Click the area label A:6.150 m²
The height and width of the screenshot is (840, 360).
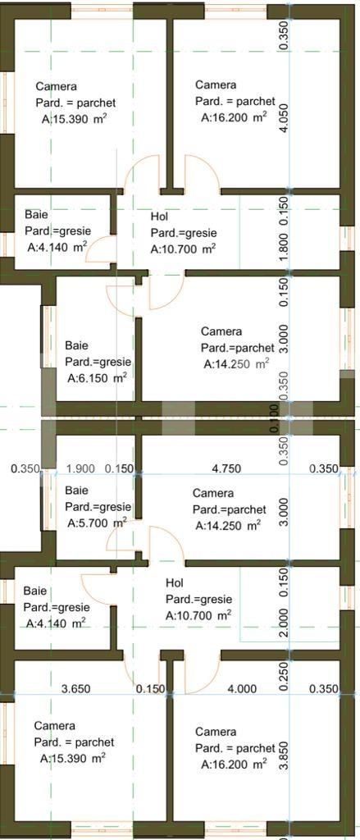coord(97,378)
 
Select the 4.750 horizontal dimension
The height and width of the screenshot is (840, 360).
coord(226,468)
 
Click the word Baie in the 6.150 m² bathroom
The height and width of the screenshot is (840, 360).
coord(76,345)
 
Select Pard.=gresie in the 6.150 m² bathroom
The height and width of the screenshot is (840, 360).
coord(98,362)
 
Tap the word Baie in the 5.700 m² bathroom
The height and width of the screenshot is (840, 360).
coord(76,491)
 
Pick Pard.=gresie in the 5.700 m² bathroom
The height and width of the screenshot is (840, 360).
coord(98,507)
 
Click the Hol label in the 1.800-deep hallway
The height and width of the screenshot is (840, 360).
coord(160,216)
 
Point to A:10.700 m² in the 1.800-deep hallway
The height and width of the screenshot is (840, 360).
coord(184,249)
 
